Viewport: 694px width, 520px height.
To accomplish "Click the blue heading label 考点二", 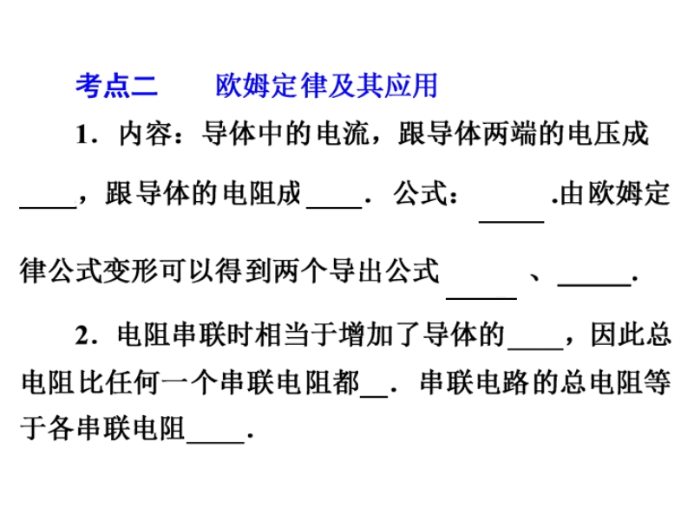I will pos(115,87).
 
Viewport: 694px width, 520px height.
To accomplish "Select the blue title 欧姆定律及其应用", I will pos(326,87).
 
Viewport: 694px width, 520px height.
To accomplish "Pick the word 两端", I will pos(516,136).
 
